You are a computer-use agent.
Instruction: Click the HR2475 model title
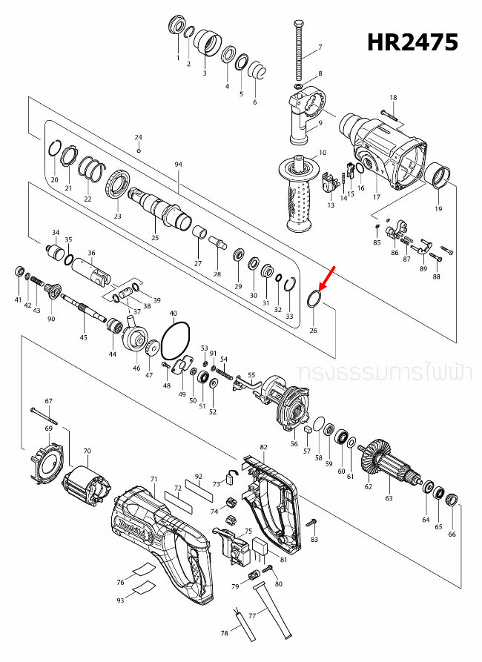click(x=413, y=42)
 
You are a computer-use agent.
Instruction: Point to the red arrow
click(x=326, y=279)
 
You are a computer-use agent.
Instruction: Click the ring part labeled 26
click(x=314, y=300)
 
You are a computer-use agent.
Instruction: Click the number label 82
click(x=263, y=447)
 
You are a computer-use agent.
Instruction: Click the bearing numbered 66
click(x=453, y=499)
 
